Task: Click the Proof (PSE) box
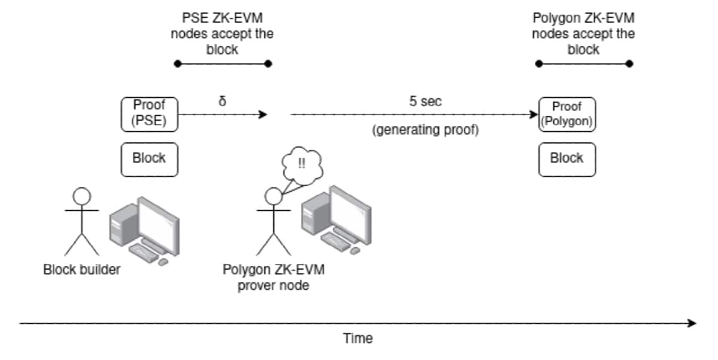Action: click(150, 114)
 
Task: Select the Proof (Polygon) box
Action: click(567, 114)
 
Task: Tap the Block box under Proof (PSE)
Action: click(150, 159)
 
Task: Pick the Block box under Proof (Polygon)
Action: click(567, 159)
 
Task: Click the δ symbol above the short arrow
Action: click(223, 101)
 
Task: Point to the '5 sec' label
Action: click(425, 101)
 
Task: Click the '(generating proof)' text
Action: click(425, 130)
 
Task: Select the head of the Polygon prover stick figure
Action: click(273, 196)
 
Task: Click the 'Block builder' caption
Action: click(82, 269)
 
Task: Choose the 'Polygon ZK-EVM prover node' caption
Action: click(273, 277)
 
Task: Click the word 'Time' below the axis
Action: click(358, 338)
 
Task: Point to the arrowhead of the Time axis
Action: click(692, 324)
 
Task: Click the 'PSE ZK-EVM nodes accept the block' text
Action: click(222, 33)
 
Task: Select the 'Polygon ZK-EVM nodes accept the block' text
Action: click(583, 33)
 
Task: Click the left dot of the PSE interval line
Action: click(176, 63)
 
